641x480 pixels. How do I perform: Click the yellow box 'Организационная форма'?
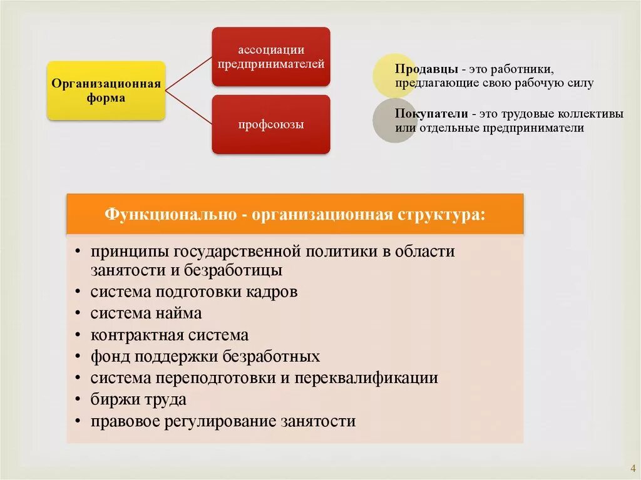tap(106, 90)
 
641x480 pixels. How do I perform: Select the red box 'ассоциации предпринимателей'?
tap(270, 56)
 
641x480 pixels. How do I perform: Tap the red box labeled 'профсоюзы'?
tap(270, 125)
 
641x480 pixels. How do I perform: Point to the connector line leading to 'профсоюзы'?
tap(188, 108)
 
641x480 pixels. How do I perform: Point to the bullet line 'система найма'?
tap(146, 313)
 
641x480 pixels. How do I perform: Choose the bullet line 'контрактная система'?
tap(169, 335)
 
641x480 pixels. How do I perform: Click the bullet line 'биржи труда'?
tap(138, 399)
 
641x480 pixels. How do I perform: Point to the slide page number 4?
tap(632, 468)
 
